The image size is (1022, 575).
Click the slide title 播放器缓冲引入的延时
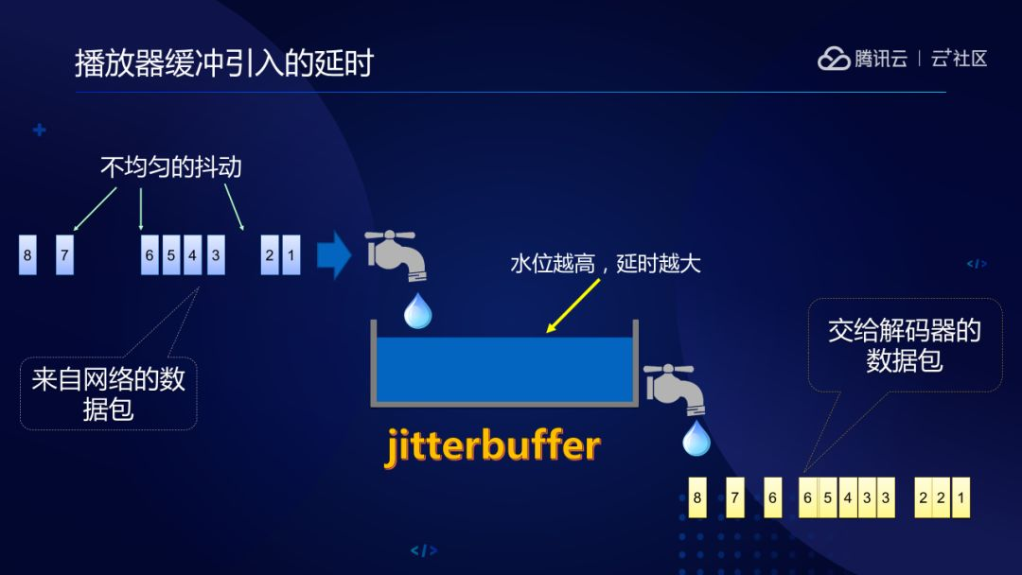[x=224, y=63]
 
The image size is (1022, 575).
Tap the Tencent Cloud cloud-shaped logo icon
[x=834, y=59]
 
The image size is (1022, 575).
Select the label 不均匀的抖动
[x=171, y=167]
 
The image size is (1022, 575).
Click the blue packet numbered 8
[x=27, y=255]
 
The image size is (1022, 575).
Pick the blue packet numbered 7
[x=64, y=255]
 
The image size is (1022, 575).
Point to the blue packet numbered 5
[x=171, y=255]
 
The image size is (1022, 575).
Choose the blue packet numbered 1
[x=291, y=255]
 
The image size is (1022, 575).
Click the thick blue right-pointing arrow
[x=333, y=256]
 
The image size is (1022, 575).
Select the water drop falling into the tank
[x=417, y=310]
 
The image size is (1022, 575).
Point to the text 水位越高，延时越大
[x=606, y=264]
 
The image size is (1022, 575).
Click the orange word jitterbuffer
[x=492, y=445]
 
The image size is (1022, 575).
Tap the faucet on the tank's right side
[x=672, y=386]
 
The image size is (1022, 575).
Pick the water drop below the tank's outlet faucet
[x=696, y=438]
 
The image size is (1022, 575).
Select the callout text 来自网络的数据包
[x=108, y=394]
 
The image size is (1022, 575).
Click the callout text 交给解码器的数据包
[x=904, y=345]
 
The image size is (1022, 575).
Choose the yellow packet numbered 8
[x=697, y=498]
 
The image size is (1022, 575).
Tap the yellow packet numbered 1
[x=960, y=498]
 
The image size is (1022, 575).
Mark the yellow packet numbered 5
[x=828, y=498]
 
